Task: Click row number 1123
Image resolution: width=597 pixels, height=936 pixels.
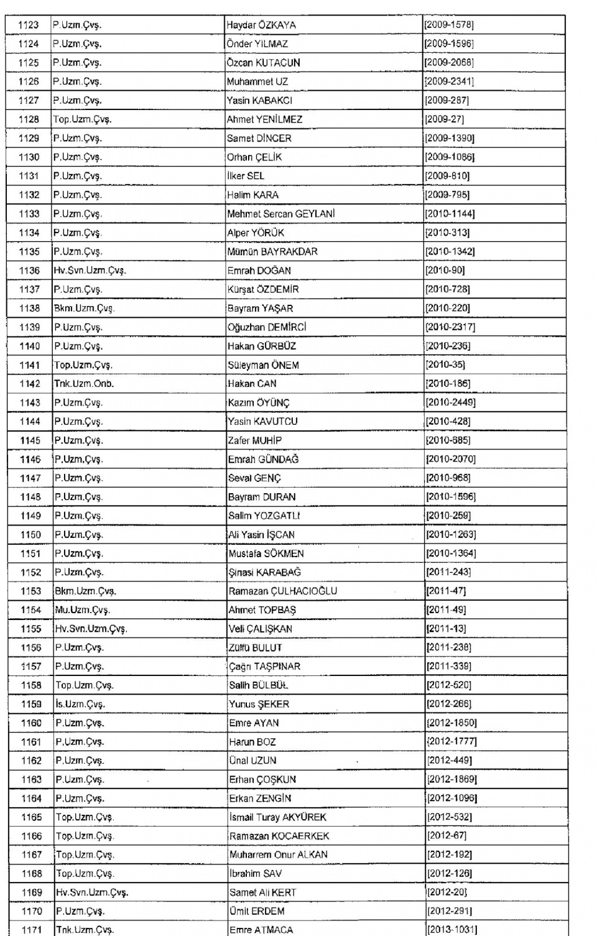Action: tap(28, 25)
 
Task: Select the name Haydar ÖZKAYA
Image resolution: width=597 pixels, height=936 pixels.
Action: tap(261, 25)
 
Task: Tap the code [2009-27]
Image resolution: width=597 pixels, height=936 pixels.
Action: tap(444, 119)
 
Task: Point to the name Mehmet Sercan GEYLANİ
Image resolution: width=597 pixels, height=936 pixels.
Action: tap(281, 214)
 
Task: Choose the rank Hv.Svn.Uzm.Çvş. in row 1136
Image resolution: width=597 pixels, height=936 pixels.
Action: tap(90, 271)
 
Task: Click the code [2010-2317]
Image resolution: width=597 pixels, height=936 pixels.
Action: tap(450, 327)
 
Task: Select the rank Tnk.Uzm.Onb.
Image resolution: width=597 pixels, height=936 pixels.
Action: tap(84, 384)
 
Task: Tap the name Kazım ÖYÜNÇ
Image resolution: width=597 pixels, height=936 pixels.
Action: tap(259, 403)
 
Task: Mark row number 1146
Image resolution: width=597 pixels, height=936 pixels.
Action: tap(30, 460)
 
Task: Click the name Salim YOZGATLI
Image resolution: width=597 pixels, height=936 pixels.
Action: tap(264, 516)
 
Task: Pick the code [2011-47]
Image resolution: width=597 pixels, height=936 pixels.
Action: tap(446, 591)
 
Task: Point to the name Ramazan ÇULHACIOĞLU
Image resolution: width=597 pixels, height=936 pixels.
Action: tap(283, 591)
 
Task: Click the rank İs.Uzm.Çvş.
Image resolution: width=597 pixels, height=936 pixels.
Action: tap(80, 705)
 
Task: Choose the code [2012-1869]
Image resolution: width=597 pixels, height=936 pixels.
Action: tap(452, 779)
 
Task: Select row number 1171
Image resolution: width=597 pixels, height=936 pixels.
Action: tap(32, 930)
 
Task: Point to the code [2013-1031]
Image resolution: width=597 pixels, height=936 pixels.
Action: tap(452, 930)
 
